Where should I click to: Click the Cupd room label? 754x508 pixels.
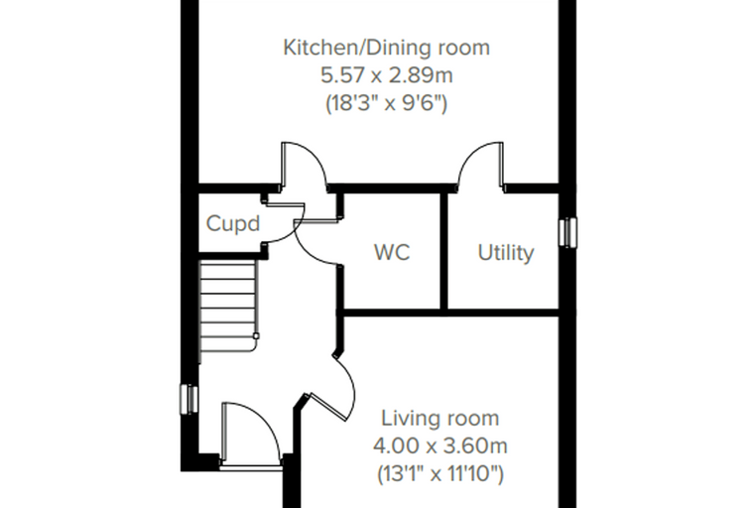[x=233, y=223]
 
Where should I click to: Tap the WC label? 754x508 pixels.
[x=392, y=252]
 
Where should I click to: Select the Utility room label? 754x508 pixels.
[x=505, y=253]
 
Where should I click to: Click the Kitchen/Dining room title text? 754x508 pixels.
[x=387, y=48]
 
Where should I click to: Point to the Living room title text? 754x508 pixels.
[x=440, y=418]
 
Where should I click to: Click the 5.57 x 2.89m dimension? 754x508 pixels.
[x=387, y=75]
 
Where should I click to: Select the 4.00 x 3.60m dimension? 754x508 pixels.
[x=440, y=445]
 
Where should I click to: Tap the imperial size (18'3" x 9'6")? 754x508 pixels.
[x=387, y=103]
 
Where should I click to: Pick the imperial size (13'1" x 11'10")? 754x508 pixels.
[x=440, y=474]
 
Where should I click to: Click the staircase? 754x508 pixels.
[x=228, y=306]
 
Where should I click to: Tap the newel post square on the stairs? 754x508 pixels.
[x=256, y=336]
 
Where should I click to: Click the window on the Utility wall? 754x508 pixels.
[x=567, y=232]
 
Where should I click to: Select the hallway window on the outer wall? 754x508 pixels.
[x=188, y=399]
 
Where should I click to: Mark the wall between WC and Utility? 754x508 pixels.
[x=444, y=251]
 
